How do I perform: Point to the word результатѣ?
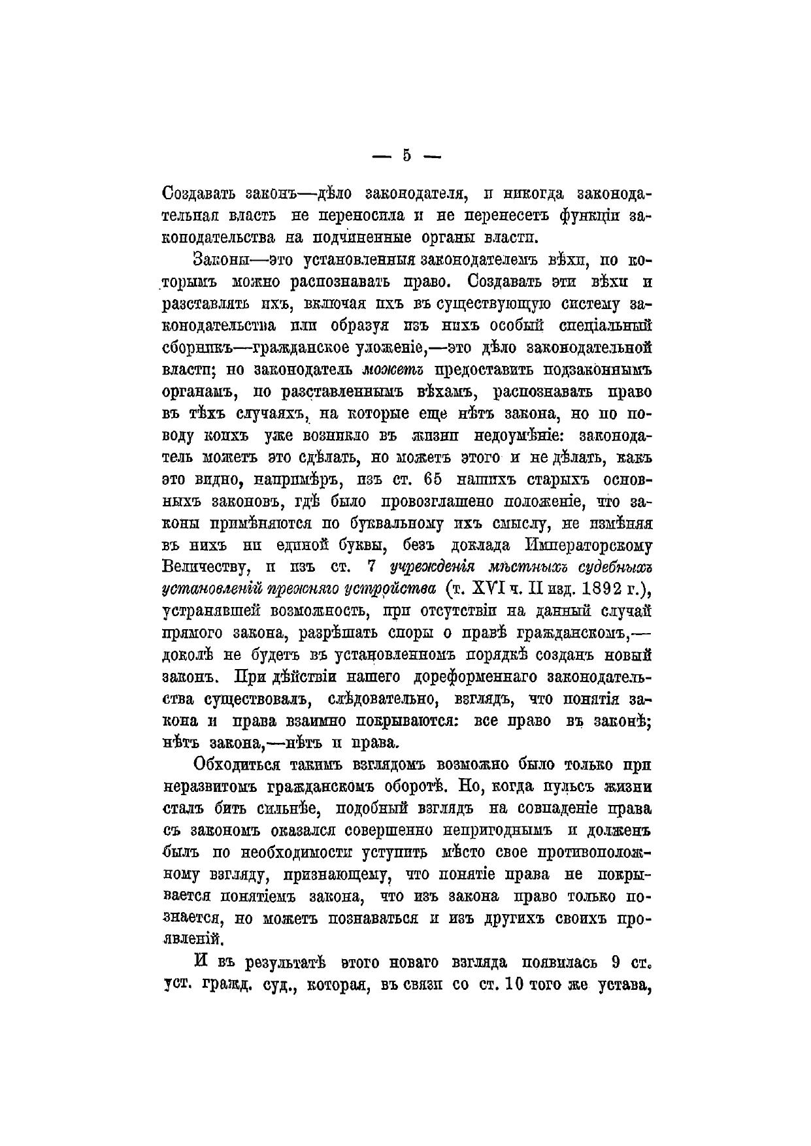point(286,962)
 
